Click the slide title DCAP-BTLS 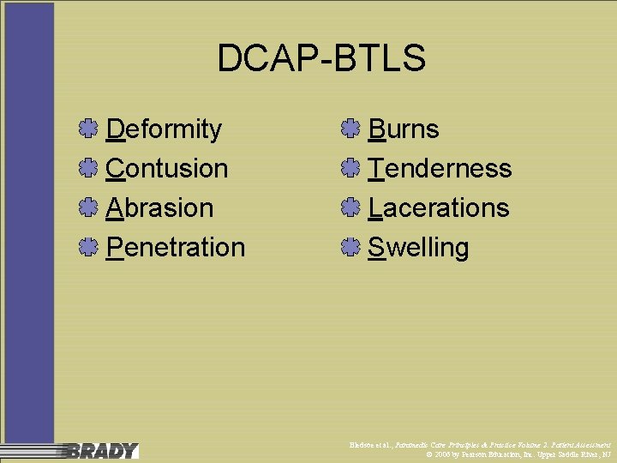point(321,59)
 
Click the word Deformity point(164,129)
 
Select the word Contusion point(167,168)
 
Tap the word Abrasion point(159,207)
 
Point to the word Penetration point(176,247)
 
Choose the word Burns point(403,129)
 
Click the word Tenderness point(440,168)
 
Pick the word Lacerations point(438,207)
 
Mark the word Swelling point(418,247)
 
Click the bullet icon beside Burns point(348,129)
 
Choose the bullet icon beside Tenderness point(348,169)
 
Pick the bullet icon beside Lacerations point(348,208)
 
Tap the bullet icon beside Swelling point(348,248)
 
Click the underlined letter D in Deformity point(116,129)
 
